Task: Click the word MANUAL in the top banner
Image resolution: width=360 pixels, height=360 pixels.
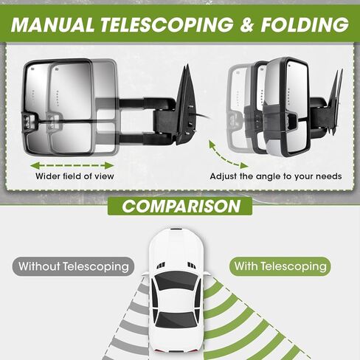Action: (52, 24)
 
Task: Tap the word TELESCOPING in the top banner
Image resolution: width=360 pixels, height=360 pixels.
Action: (167, 24)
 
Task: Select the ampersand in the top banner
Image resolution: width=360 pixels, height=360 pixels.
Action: (246, 24)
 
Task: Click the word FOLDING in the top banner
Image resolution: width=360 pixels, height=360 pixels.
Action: (305, 24)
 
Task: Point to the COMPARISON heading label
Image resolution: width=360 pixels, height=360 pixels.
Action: (180, 207)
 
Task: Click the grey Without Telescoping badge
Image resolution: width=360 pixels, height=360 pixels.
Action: (73, 266)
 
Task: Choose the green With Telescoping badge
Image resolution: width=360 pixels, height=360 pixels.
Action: (280, 266)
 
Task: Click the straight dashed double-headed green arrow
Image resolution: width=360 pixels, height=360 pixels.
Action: (72, 165)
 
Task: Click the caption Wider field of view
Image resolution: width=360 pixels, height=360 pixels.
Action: (75, 176)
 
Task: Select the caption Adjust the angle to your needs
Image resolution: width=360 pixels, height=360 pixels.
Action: (276, 176)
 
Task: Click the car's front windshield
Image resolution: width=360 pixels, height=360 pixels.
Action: (176, 281)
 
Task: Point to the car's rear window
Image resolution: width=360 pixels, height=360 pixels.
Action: (176, 320)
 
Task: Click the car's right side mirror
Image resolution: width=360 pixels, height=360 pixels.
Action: (207, 274)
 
